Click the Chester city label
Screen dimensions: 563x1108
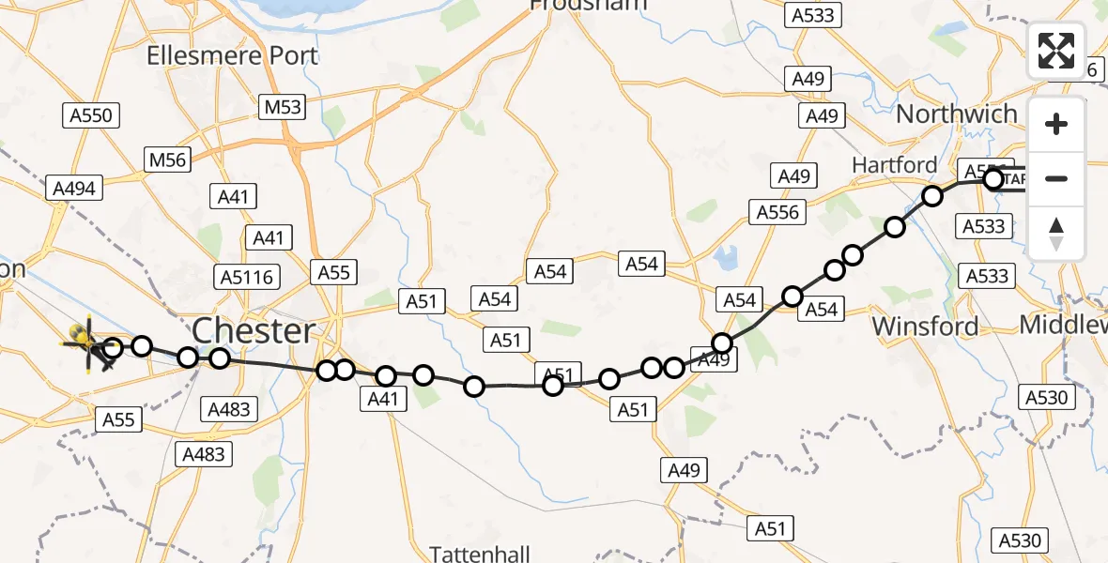click(x=254, y=331)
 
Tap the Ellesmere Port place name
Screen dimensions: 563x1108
click(x=232, y=55)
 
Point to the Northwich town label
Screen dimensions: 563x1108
click(x=957, y=114)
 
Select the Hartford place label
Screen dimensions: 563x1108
click(x=894, y=165)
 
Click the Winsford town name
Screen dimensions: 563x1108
click(x=925, y=327)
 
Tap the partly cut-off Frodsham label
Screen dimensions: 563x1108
click(x=588, y=5)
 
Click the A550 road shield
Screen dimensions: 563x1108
click(x=91, y=116)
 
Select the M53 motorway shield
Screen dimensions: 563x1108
click(x=283, y=107)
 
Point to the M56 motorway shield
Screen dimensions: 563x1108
click(x=168, y=160)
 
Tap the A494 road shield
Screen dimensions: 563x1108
click(x=74, y=189)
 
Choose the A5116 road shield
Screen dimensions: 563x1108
click(x=247, y=277)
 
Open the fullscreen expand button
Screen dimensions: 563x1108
click(x=1056, y=51)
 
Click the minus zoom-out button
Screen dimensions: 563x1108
click(x=1056, y=178)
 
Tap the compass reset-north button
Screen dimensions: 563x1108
click(x=1056, y=233)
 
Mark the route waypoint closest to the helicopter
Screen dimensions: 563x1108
click(x=112, y=350)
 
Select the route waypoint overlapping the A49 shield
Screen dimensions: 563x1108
click(x=722, y=343)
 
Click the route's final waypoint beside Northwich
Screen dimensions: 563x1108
click(x=993, y=179)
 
